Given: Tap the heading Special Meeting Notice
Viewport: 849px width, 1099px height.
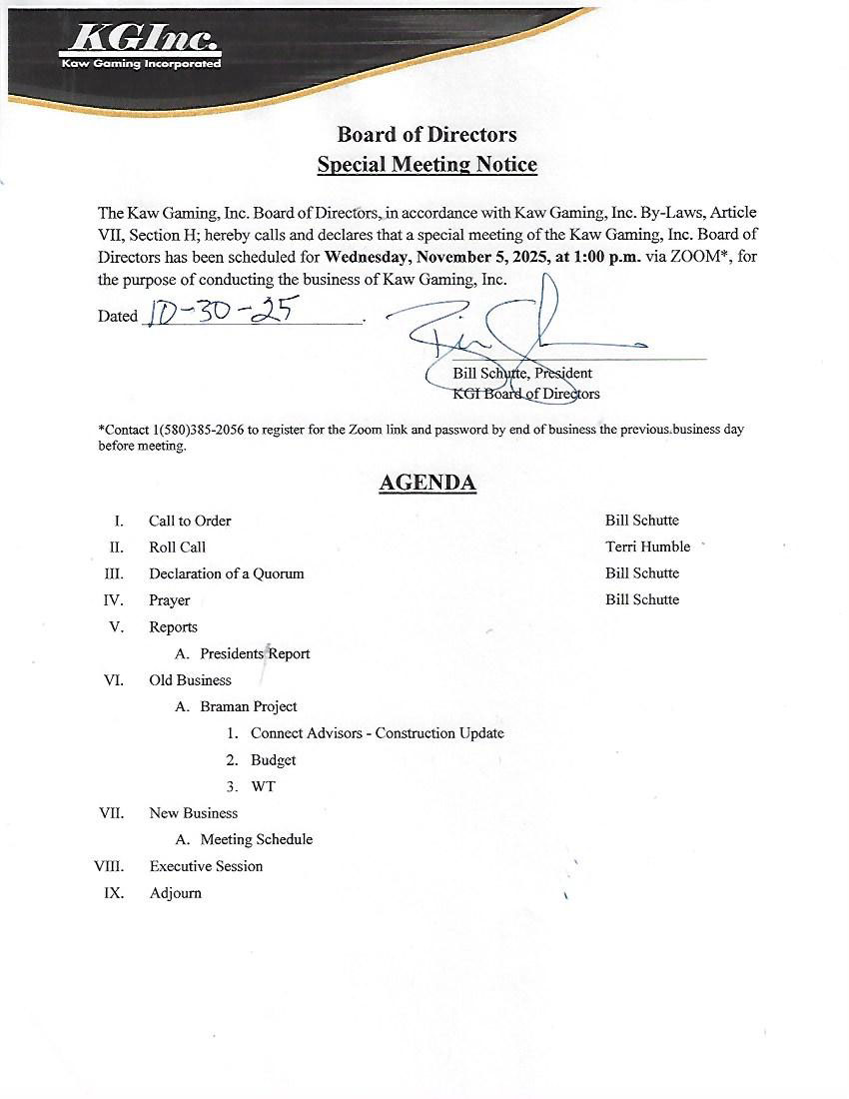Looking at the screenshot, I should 426,164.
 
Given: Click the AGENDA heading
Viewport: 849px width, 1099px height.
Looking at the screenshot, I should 426,484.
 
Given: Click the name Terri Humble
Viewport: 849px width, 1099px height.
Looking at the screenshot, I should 647,547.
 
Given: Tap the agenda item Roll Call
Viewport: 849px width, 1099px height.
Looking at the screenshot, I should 177,548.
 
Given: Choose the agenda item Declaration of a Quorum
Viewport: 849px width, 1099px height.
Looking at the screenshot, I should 226,573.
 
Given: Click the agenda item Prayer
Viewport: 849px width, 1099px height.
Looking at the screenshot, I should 169,600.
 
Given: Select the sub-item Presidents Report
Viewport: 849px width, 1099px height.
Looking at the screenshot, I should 255,653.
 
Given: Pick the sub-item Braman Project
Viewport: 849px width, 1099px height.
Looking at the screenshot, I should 248,706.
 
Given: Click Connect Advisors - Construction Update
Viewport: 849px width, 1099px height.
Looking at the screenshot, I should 377,733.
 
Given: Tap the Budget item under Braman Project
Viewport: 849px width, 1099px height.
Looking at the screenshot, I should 273,760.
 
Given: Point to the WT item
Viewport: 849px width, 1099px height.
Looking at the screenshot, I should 263,786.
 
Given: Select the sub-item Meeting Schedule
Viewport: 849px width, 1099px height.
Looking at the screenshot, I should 256,839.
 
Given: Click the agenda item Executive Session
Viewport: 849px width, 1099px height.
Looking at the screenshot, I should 206,866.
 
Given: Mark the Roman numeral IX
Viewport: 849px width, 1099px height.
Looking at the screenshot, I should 114,893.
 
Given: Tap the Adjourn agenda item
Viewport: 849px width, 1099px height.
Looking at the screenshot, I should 175,893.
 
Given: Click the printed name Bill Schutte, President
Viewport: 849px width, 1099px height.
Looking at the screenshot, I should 522,373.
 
